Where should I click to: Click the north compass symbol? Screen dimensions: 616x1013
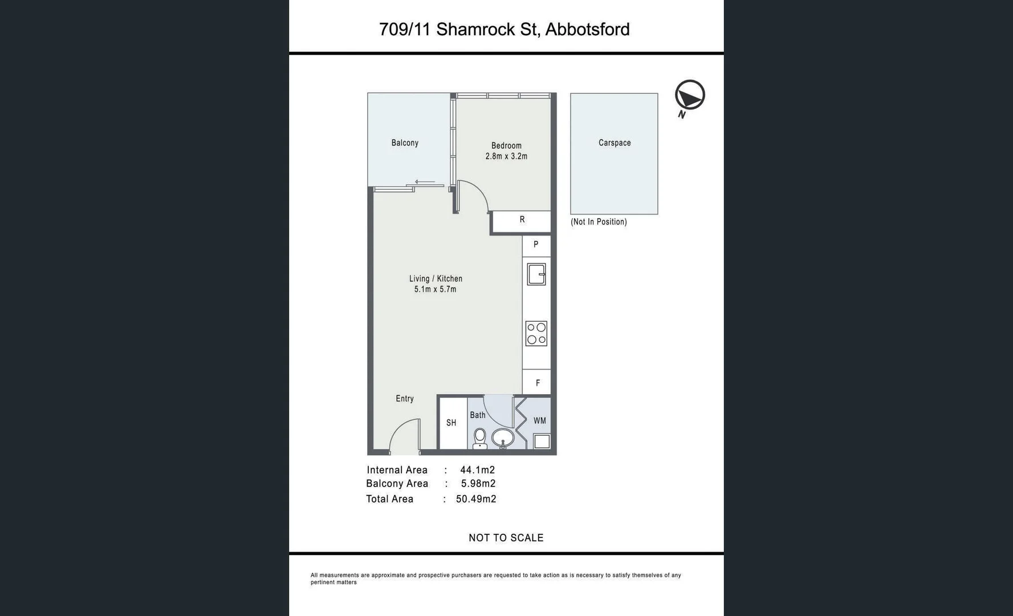pyautogui.click(x=690, y=95)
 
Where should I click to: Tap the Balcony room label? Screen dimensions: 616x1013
pyautogui.click(x=405, y=143)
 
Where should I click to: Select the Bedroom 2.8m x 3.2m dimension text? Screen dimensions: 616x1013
pyautogui.click(x=506, y=156)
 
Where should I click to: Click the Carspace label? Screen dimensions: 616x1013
pyautogui.click(x=615, y=143)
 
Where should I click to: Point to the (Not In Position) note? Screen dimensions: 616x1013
pyautogui.click(x=599, y=222)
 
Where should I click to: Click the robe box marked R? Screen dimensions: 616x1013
pyautogui.click(x=522, y=220)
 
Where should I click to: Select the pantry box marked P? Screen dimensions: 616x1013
pyautogui.click(x=536, y=245)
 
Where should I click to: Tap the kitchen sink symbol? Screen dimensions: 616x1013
pyautogui.click(x=536, y=274)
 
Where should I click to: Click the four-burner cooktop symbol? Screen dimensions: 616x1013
pyautogui.click(x=536, y=334)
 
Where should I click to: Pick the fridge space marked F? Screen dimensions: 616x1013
pyautogui.click(x=537, y=383)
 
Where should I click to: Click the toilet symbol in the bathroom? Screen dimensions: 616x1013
pyautogui.click(x=480, y=438)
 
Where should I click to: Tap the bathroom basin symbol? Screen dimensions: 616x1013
pyautogui.click(x=502, y=439)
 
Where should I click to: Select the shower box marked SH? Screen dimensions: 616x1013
pyautogui.click(x=451, y=423)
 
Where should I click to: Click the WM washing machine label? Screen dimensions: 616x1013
pyautogui.click(x=539, y=421)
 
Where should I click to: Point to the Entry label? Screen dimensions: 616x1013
pyautogui.click(x=405, y=399)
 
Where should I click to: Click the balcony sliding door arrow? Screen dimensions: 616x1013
pyautogui.click(x=425, y=182)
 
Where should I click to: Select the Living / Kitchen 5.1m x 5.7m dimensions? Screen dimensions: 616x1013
pyautogui.click(x=435, y=289)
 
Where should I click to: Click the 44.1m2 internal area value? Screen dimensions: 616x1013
pyautogui.click(x=477, y=470)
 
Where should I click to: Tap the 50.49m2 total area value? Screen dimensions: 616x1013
pyautogui.click(x=476, y=499)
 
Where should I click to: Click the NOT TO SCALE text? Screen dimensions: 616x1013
pyautogui.click(x=506, y=538)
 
